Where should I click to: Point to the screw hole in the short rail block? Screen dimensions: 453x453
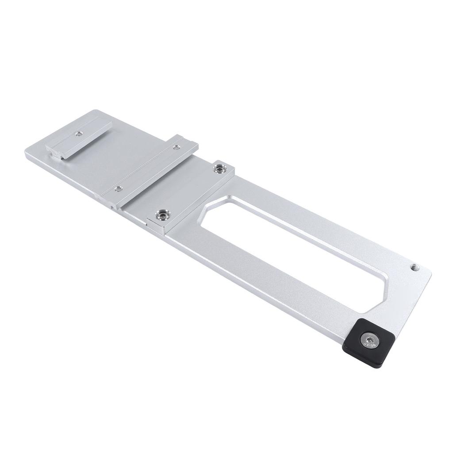click(x=78, y=133)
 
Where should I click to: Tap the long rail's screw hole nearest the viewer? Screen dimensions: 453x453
click(x=118, y=188)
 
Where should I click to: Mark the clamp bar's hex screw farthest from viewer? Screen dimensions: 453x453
click(x=218, y=168)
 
